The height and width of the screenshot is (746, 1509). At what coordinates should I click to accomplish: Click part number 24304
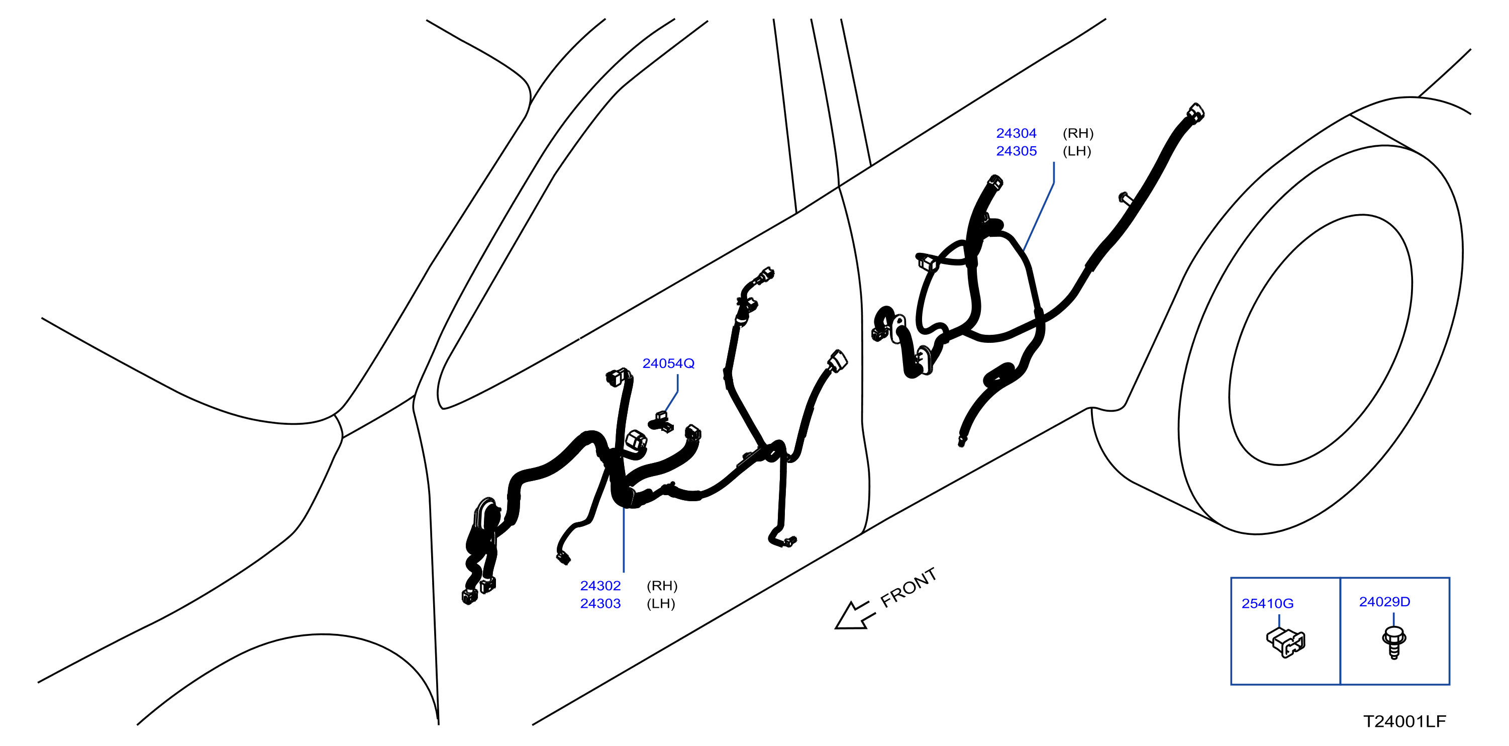[1017, 133]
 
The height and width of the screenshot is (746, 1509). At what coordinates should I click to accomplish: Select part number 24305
[1017, 151]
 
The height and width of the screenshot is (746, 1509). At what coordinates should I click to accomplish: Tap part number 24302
[600, 586]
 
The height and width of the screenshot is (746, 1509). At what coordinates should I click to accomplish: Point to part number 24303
[600, 604]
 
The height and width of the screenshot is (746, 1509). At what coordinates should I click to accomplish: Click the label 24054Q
[668, 363]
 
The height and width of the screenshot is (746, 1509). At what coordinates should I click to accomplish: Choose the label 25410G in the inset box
[1268, 604]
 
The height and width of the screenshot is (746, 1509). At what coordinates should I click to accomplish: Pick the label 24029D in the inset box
[1385, 602]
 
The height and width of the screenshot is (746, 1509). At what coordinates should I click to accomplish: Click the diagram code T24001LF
[1404, 721]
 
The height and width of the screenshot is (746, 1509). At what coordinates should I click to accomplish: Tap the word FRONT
[909, 587]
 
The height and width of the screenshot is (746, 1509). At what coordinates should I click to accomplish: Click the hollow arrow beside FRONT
[854, 616]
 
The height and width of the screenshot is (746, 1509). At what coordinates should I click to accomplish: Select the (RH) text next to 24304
[1078, 133]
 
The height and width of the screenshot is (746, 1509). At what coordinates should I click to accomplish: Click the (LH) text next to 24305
[1077, 151]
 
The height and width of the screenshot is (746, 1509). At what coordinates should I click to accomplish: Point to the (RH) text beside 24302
[662, 586]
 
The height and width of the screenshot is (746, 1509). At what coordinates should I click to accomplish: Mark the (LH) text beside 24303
[661, 604]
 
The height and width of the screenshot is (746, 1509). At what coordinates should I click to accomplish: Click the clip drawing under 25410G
[1286, 642]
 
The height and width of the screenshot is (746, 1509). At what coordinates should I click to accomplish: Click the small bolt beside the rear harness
[1125, 198]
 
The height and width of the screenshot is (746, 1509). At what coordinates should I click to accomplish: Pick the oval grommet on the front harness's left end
[484, 516]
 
